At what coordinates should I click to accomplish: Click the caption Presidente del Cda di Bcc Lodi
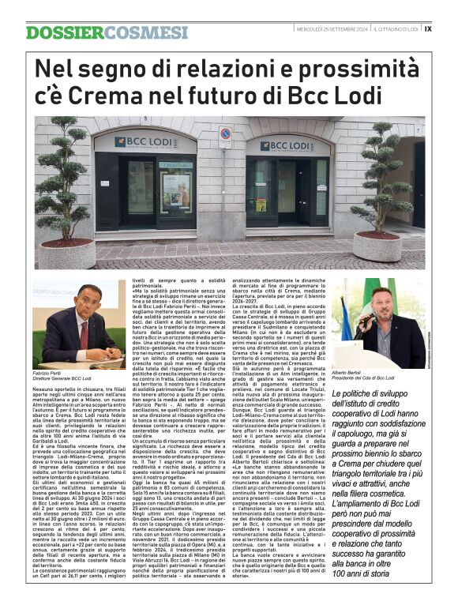(x=375, y=378)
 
